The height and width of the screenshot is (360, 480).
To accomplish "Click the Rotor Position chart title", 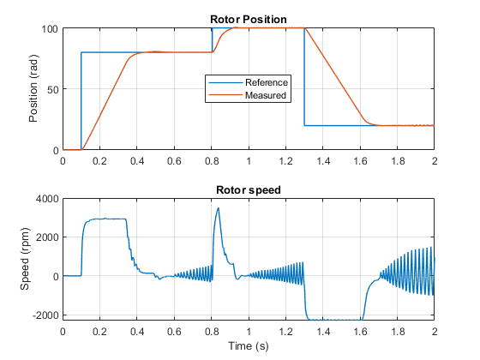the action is pos(249,20).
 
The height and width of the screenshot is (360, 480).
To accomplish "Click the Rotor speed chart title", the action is pos(249,190).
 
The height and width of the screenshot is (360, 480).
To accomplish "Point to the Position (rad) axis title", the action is pos(33,89).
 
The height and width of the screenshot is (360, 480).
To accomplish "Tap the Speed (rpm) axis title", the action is pos(25,259).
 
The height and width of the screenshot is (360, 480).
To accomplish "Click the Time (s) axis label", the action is pos(249,346).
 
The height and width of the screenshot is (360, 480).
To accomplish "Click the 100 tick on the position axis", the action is pos(50,29).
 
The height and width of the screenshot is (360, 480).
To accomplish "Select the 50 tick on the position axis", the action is pos(52,90).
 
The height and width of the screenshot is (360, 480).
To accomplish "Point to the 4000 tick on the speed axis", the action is pos(47,199).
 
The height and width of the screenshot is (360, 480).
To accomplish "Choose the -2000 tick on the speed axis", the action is pos(45,315).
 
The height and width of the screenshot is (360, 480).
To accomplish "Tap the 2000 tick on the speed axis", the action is pos(47,237).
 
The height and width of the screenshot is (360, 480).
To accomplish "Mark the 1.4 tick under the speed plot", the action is pos(323,332).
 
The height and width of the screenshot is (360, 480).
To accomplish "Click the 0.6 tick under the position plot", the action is pos(174,161).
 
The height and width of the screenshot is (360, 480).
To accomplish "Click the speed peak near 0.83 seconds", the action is pos(219,208).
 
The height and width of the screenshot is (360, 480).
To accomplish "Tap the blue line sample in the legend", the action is pos(225,82).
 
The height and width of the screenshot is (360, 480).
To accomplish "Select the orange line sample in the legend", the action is pos(225,95).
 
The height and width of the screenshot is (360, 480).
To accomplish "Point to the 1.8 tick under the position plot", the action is pos(398,161).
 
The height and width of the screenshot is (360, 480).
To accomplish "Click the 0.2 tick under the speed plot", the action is pos(99,332).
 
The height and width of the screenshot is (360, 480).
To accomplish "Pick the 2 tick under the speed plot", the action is pos(435,332).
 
